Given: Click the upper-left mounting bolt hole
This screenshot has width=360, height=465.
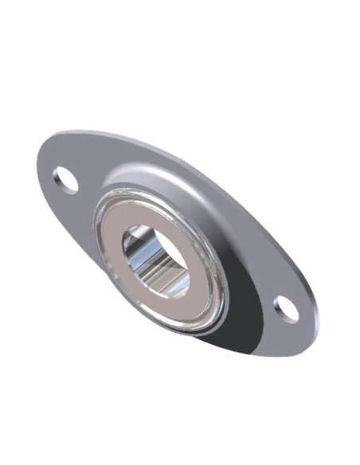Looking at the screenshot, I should (x=68, y=181).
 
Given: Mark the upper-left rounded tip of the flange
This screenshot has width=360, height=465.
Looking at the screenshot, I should (x=44, y=163).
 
